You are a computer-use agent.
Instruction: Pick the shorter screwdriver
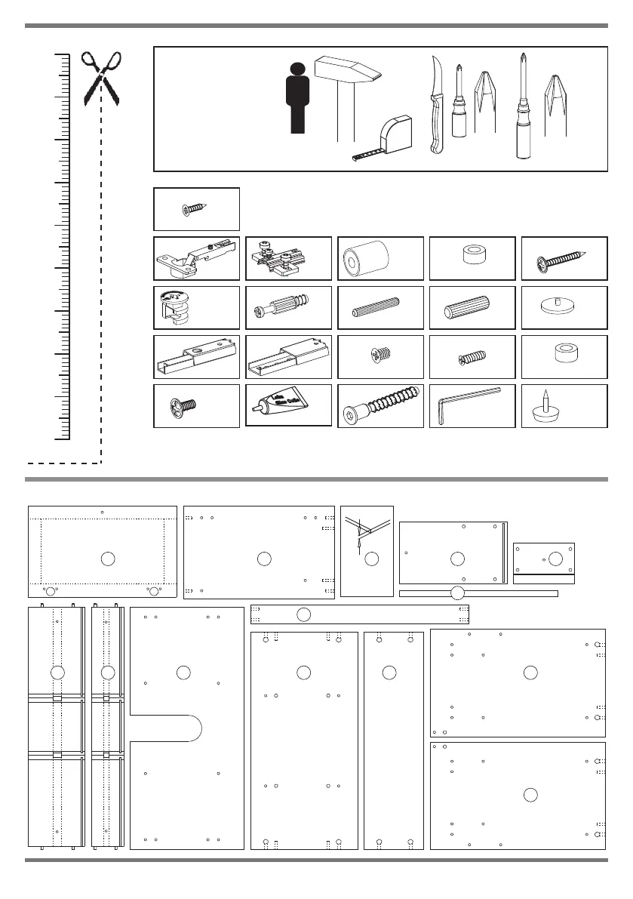[x=458, y=106]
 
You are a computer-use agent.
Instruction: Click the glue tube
[x=287, y=405]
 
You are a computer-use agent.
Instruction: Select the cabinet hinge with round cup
[x=195, y=257]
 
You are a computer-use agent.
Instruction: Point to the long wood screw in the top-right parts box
[x=563, y=260]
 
